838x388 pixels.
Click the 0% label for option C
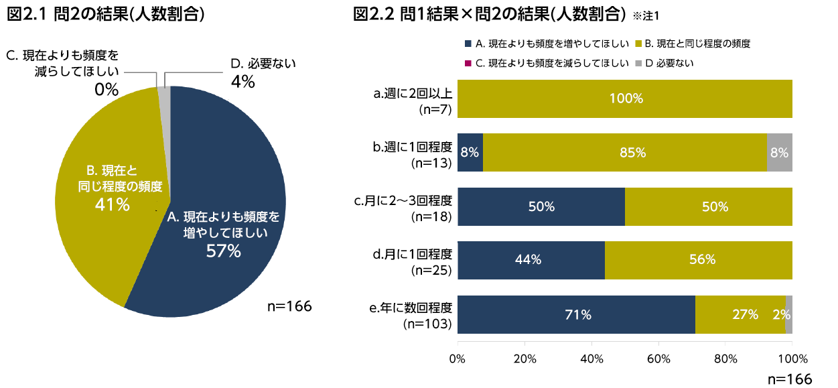click(107, 89)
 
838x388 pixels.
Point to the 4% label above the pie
click(242, 82)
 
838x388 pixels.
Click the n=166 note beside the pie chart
click(289, 306)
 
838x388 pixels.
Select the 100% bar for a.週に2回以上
click(625, 99)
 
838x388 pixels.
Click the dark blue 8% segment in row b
click(470, 152)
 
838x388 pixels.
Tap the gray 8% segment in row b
click(780, 152)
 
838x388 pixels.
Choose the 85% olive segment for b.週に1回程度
click(624, 152)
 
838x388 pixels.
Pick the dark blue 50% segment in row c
click(541, 206)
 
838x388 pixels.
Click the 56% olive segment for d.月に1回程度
click(699, 260)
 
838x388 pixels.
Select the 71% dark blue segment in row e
click(576, 314)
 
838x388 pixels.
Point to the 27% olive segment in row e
click(740, 314)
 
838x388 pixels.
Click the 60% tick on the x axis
click(658, 359)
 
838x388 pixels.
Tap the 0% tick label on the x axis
click(458, 359)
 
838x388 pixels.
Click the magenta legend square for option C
click(468, 63)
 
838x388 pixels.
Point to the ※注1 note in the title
click(650, 15)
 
